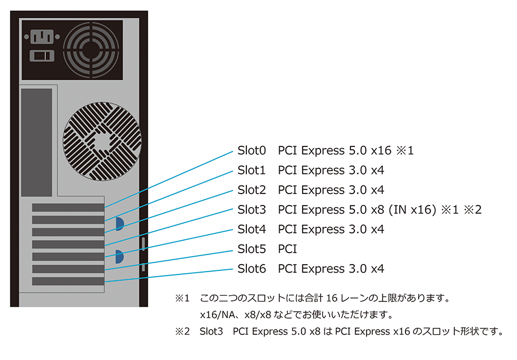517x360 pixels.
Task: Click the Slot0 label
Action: click(x=252, y=150)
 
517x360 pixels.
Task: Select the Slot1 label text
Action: click(x=252, y=171)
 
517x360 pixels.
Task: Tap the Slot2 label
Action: click(x=252, y=190)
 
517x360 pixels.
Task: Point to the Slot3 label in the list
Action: click(x=252, y=210)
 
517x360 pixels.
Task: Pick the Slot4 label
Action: click(x=252, y=229)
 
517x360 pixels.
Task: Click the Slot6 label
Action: click(x=252, y=269)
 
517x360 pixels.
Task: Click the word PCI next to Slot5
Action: click(x=287, y=249)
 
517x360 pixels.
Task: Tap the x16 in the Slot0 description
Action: click(x=380, y=150)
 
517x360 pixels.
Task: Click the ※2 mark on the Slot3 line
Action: click(x=472, y=210)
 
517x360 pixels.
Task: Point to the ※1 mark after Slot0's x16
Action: click(x=405, y=150)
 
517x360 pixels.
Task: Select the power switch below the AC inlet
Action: click(x=40, y=56)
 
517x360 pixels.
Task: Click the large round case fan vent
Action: click(x=102, y=141)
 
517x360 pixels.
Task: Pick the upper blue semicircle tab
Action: click(x=119, y=223)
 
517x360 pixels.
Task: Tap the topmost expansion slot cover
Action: click(x=68, y=207)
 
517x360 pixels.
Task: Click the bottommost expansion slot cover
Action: click(x=68, y=281)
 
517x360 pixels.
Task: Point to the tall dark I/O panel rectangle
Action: click(x=36, y=149)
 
